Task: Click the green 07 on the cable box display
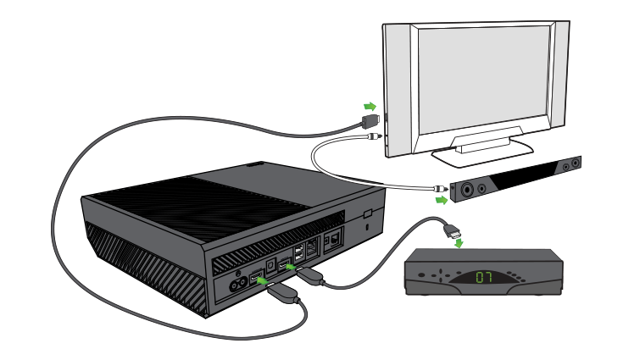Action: [x=484, y=276]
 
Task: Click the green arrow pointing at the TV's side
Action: [x=369, y=107]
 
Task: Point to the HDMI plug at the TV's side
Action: [x=371, y=124]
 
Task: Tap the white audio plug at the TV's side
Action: [x=375, y=139]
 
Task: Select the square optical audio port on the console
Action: [x=269, y=262]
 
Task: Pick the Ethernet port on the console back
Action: [x=314, y=247]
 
